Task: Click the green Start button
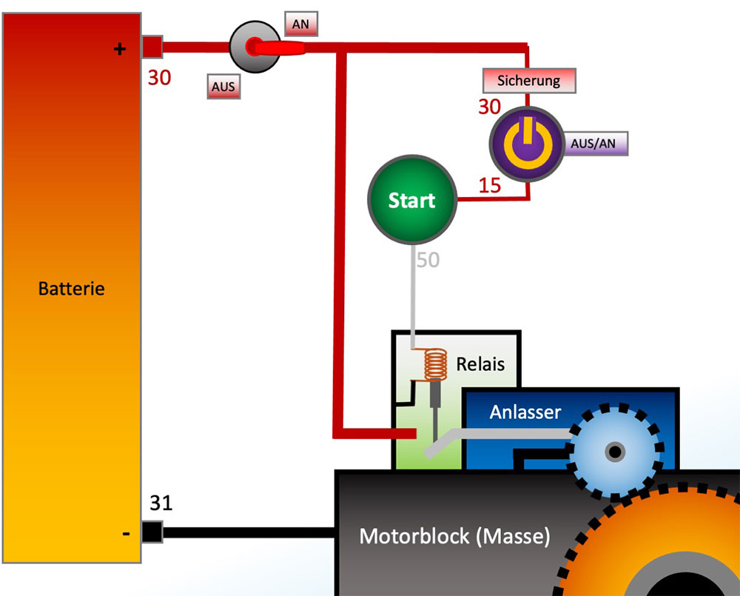pos(411,199)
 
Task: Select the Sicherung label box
pos(528,80)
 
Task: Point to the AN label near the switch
pos(301,24)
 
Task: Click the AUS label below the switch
pos(223,87)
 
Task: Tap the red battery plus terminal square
pos(152,47)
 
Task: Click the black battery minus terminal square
pos(152,532)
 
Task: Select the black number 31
pos(161,503)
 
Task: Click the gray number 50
pos(428,260)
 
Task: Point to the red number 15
pos(489,185)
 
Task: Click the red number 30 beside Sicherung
pos(489,107)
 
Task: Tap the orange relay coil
pos(437,364)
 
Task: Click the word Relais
pos(480,364)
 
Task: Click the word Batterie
pos(71,288)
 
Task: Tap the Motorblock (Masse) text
pos(454,535)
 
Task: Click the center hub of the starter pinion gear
pos(614,451)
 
